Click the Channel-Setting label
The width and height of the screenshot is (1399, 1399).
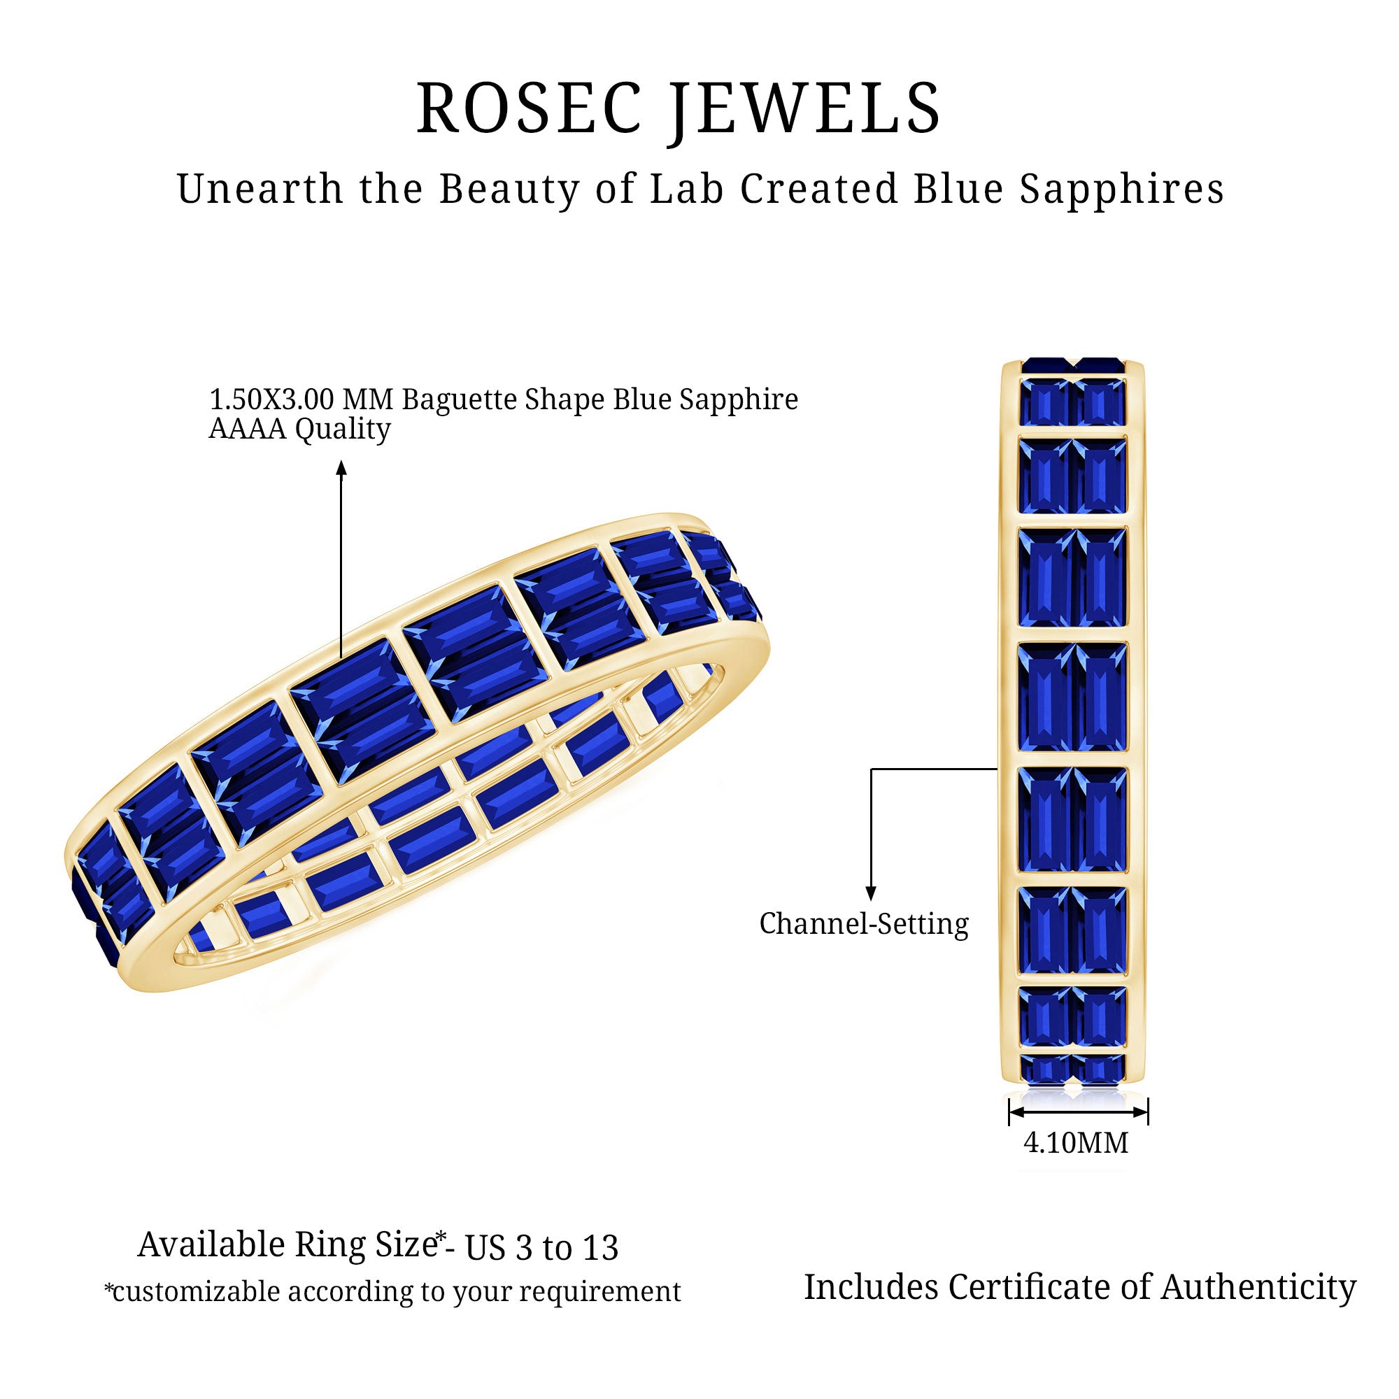(x=864, y=925)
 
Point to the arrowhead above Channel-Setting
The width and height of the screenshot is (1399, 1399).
(x=871, y=894)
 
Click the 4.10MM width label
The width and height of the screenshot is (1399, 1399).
(x=1075, y=1143)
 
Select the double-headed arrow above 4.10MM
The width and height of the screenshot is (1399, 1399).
(x=1078, y=1112)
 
